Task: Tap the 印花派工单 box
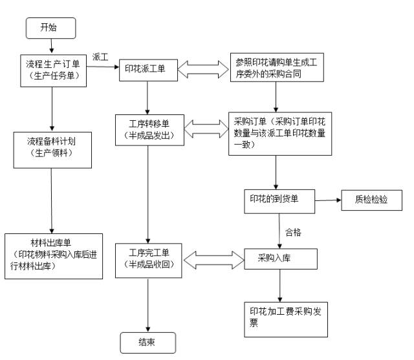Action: [x=148, y=70]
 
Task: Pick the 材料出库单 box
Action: [x=53, y=255]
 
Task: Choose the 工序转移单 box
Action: [x=149, y=129]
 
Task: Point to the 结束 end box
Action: [x=147, y=342]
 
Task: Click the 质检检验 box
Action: [x=372, y=199]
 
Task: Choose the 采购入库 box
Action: [x=279, y=258]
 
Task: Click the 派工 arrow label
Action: [x=100, y=56]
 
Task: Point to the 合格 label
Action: [x=293, y=231]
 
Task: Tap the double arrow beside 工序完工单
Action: [x=213, y=259]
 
